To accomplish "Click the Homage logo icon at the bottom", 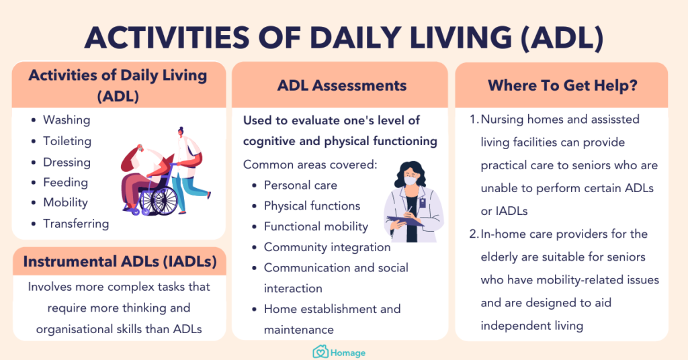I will tap(320, 352).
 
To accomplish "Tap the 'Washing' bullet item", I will tap(67, 120).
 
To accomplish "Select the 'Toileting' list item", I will tap(67, 141).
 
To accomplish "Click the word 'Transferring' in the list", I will tap(76, 224).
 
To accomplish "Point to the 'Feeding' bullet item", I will tap(65, 182).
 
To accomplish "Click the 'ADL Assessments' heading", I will tap(341, 85).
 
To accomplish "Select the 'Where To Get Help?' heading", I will tap(562, 85).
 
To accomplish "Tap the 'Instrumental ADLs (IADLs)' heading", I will tap(120, 262).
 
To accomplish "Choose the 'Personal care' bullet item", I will tap(300, 185).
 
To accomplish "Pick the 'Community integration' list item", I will tap(327, 247).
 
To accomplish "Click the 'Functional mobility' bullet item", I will tap(315, 226).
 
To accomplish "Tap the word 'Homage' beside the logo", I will tap(348, 352).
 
